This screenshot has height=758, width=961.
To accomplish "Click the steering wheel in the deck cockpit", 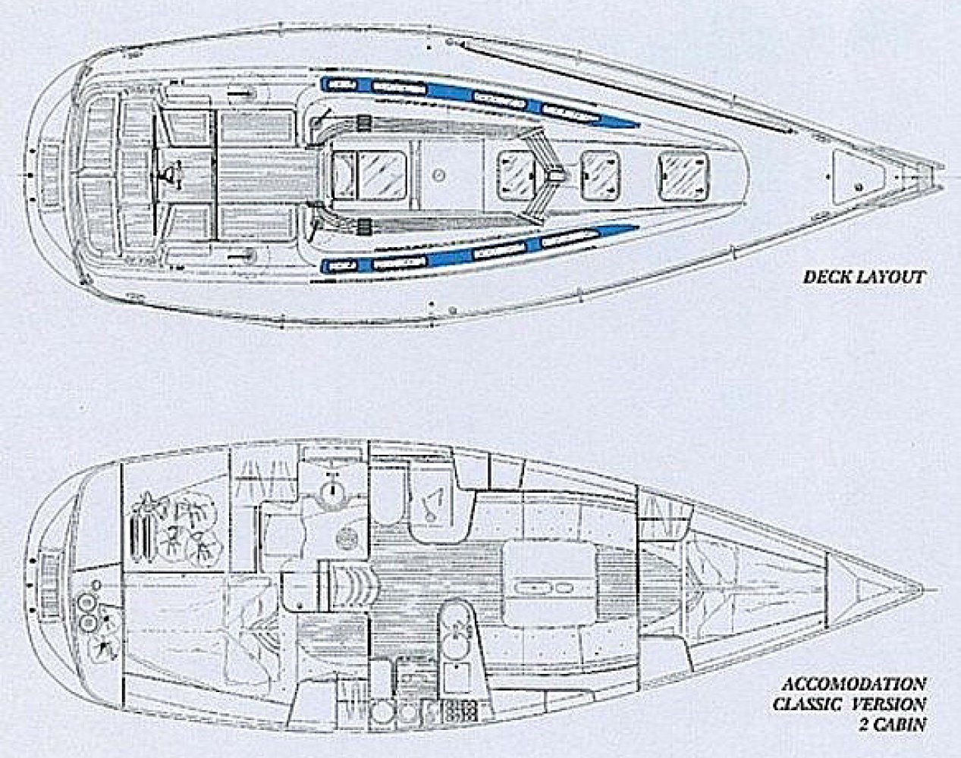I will click(x=162, y=176).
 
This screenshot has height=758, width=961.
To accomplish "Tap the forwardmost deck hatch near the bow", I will click(x=686, y=175).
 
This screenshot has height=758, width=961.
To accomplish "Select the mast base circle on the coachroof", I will click(x=436, y=175).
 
